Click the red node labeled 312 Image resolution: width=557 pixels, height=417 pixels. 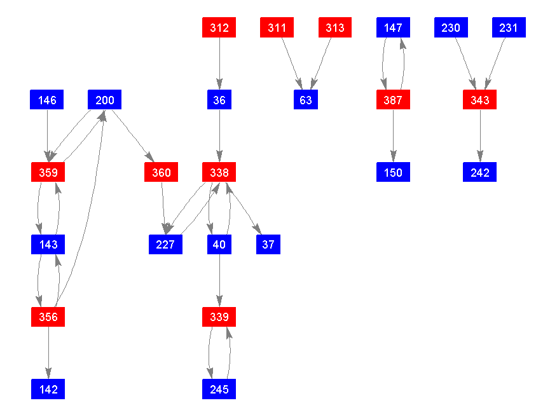point(219,28)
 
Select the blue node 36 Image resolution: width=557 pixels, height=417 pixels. point(219,100)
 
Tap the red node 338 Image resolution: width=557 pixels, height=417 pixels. point(219,172)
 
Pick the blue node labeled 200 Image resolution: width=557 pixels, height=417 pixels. point(105,100)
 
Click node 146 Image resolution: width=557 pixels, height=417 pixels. point(48,100)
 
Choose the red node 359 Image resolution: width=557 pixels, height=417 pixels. point(48,172)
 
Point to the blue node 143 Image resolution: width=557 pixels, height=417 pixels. point(48,244)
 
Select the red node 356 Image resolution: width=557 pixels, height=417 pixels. point(48,317)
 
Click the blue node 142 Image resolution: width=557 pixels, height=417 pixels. point(48,388)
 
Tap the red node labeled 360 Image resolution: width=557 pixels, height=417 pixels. point(162,172)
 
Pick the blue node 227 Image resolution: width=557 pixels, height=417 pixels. point(165,244)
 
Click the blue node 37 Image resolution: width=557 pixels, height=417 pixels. point(268,244)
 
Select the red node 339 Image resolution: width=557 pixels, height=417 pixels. point(219,317)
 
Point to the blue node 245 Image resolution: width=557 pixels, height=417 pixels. point(219,388)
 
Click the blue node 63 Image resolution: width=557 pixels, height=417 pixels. point(306,100)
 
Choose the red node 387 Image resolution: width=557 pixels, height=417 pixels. point(393,100)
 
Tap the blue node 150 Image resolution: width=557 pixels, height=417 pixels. point(393,172)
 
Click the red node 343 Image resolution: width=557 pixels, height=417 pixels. point(479,100)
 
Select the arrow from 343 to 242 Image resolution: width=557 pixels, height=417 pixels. point(479,136)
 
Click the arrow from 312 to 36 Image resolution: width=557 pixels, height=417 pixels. point(219,64)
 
